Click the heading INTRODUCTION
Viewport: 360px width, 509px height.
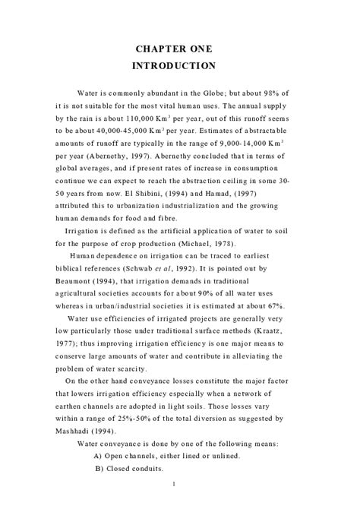coord(180,66)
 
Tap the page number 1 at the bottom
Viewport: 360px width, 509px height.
coord(175,484)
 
